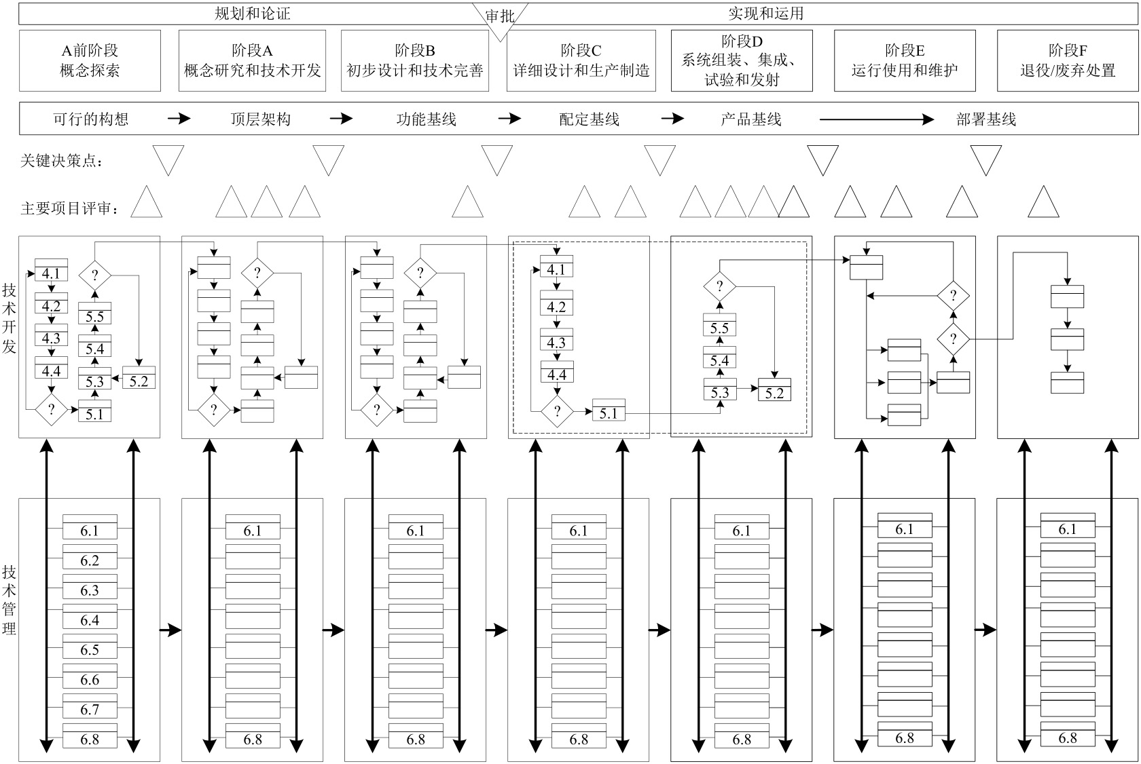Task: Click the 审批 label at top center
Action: (500, 16)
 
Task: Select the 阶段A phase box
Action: (252, 60)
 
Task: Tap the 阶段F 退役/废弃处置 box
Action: (1067, 60)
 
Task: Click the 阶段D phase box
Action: (741, 60)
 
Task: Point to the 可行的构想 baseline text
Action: (90, 119)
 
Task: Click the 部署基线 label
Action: (985, 119)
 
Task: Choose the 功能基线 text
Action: (426, 119)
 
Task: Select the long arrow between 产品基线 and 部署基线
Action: (876, 119)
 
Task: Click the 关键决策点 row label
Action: (63, 161)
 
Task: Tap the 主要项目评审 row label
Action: (70, 208)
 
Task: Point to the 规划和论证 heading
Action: (252, 14)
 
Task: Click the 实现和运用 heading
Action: (765, 14)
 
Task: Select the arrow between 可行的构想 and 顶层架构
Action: (179, 119)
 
